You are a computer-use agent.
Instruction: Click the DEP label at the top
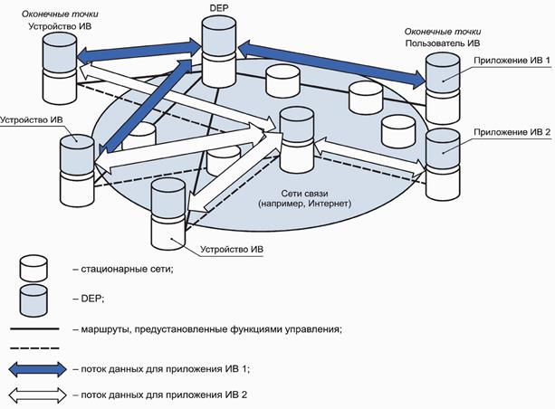[217, 7]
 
